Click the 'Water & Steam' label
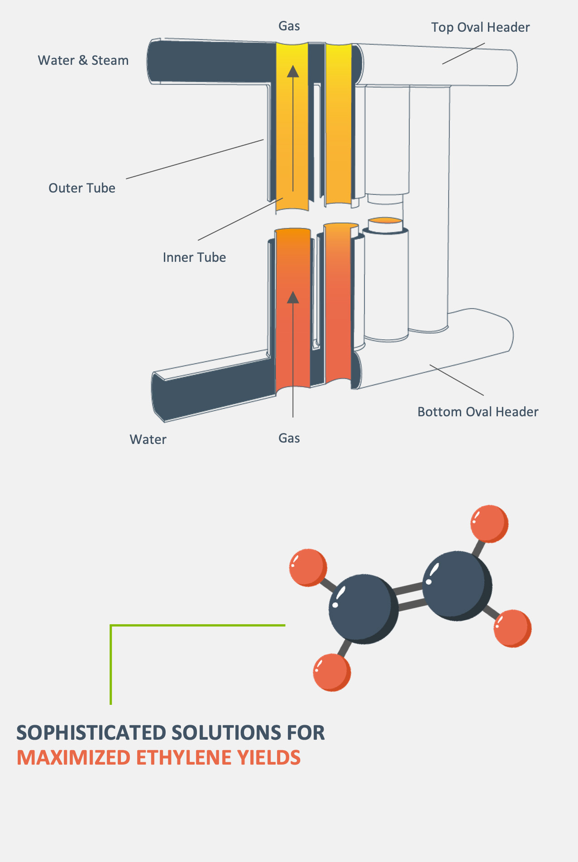pos(83,60)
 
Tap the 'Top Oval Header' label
pos(480,27)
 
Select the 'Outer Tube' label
pos(82,188)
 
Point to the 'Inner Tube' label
pos(194,257)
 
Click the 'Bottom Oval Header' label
pos(478,412)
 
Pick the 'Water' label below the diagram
pos(148,439)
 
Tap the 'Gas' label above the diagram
pos(289,26)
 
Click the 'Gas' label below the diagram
pos(289,438)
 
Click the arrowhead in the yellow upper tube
pos(293,72)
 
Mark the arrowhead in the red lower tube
pos(293,298)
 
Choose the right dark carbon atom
pos(456,585)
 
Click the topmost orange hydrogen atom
pos(489,524)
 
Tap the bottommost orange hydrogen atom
pos(332,672)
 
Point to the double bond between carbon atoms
pos(410,597)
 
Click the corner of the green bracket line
pos(111,626)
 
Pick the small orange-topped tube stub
pos(385,225)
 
